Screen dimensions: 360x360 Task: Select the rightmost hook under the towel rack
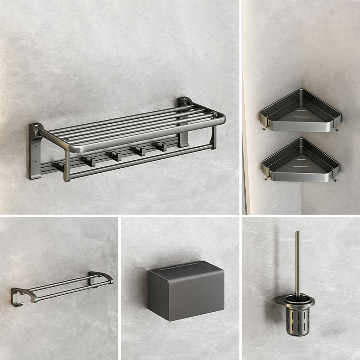[161, 146]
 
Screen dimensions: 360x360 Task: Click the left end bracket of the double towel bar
[19, 294]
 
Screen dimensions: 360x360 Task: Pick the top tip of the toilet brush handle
[297, 234]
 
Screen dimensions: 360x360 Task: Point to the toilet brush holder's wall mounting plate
[280, 299]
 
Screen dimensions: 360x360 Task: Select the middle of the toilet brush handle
[297, 265]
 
